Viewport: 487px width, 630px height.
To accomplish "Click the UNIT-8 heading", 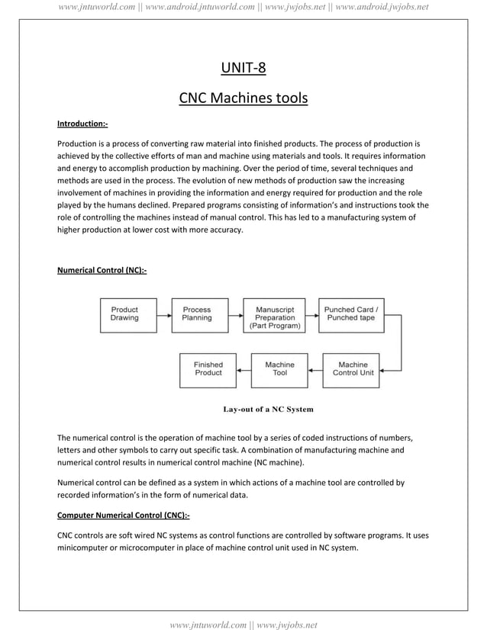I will click(x=243, y=69).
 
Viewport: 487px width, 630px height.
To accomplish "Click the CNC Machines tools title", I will click(x=243, y=98).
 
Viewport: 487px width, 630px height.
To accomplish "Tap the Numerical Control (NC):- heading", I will click(x=102, y=269).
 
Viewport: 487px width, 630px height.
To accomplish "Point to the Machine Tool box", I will click(x=279, y=369).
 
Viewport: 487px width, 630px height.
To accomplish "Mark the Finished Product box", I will click(x=208, y=369).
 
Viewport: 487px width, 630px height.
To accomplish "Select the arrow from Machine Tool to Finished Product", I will click(x=243, y=370).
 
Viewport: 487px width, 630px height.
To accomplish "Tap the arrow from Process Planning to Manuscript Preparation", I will click(x=236, y=314).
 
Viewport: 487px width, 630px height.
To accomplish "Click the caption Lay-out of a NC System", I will click(x=268, y=410).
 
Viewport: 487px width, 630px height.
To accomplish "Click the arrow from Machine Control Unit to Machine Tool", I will click(x=314, y=370).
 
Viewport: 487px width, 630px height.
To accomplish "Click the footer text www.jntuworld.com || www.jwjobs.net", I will click(x=243, y=625).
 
